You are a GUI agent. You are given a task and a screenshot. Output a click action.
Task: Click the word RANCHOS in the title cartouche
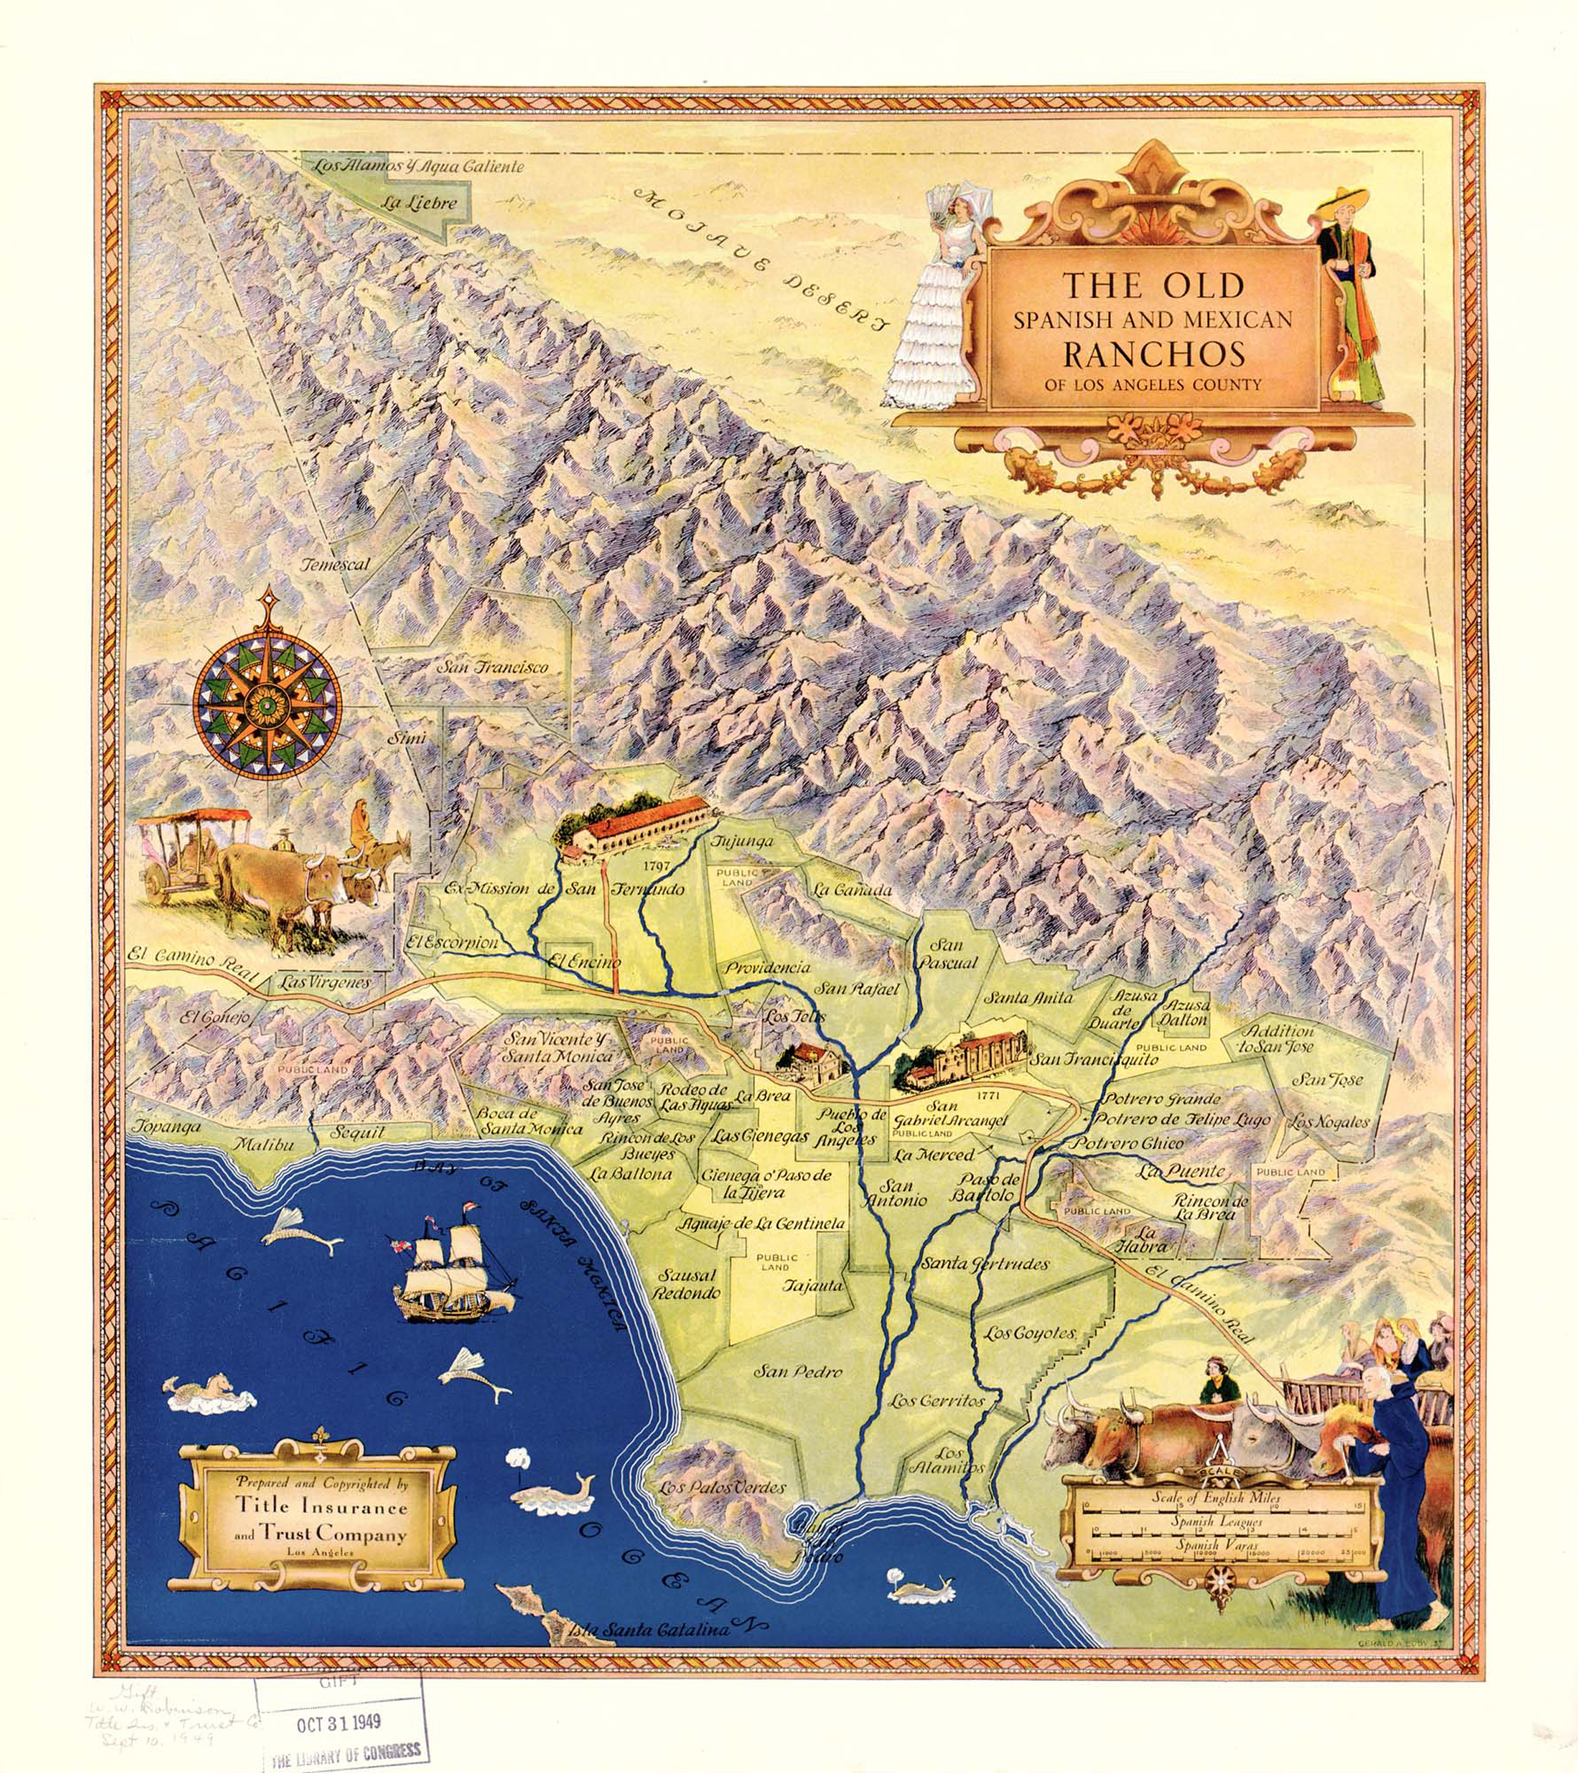tap(1154, 353)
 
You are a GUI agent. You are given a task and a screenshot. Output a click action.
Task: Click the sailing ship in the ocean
tap(452, 1271)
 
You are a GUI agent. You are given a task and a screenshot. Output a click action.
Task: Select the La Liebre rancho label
tap(418, 204)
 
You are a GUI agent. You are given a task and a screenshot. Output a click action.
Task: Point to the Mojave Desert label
tap(763, 258)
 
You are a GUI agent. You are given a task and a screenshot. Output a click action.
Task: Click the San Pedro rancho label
tap(798, 1371)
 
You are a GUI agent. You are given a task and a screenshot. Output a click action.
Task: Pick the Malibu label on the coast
tap(264, 1145)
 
